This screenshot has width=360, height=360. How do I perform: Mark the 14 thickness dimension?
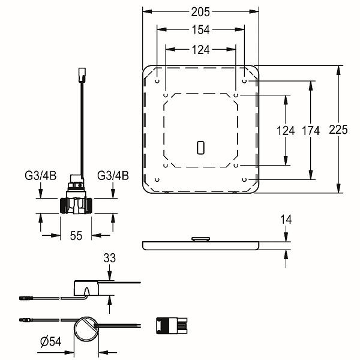(286, 220)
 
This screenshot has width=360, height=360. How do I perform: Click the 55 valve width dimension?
(76, 236)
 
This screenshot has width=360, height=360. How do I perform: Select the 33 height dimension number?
(110, 259)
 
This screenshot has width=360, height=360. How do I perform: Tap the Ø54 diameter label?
(47, 342)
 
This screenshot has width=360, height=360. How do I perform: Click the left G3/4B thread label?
(40, 176)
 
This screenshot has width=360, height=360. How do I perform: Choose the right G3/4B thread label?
(113, 176)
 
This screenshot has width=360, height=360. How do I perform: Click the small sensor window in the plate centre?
(200, 147)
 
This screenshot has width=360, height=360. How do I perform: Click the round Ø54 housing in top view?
(88, 328)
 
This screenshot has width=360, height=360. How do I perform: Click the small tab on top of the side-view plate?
(200, 239)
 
